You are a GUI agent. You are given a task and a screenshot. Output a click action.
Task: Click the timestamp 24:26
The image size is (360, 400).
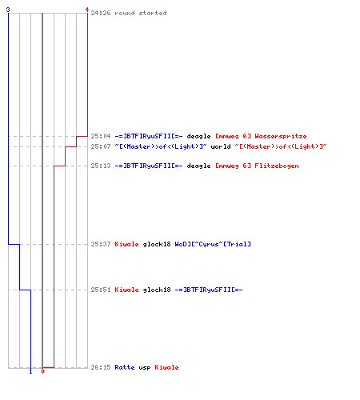[101, 13]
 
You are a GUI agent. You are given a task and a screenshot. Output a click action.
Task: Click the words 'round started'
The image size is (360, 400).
[141, 13]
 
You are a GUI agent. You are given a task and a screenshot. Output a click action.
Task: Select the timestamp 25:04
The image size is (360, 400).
[101, 136]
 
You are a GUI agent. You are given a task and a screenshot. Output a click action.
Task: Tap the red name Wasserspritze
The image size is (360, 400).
[281, 137]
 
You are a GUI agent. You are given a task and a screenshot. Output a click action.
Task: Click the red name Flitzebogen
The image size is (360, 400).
[277, 166]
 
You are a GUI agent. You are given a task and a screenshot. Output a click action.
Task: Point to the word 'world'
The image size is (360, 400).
[221, 146]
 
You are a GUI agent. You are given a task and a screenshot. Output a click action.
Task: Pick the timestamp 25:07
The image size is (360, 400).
[101, 146]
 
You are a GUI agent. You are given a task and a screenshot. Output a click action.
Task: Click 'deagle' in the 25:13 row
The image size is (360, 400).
[198, 166]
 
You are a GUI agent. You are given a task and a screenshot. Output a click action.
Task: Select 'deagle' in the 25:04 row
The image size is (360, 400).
[198, 137]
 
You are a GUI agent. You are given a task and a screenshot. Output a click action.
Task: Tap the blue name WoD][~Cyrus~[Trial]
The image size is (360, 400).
[213, 244]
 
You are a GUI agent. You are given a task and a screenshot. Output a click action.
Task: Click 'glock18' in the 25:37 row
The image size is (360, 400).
[157, 244]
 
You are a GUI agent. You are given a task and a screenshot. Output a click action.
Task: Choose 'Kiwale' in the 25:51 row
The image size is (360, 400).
[126, 290]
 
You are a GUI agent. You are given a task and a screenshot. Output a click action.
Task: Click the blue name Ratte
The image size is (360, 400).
[125, 367]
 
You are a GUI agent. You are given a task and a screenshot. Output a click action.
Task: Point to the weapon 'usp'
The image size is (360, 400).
[145, 368]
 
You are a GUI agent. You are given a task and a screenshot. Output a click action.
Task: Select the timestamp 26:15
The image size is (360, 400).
[101, 367]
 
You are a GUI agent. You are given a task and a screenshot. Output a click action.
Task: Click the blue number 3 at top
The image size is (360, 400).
[8, 10]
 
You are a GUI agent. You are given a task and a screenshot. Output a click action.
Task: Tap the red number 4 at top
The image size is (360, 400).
[87, 10]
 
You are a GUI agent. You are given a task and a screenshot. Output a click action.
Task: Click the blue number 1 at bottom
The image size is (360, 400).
[30, 371]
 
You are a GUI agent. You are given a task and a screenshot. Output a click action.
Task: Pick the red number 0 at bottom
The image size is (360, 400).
[42, 371]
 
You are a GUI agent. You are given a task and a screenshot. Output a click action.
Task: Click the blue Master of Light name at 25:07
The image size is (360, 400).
[161, 146]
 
